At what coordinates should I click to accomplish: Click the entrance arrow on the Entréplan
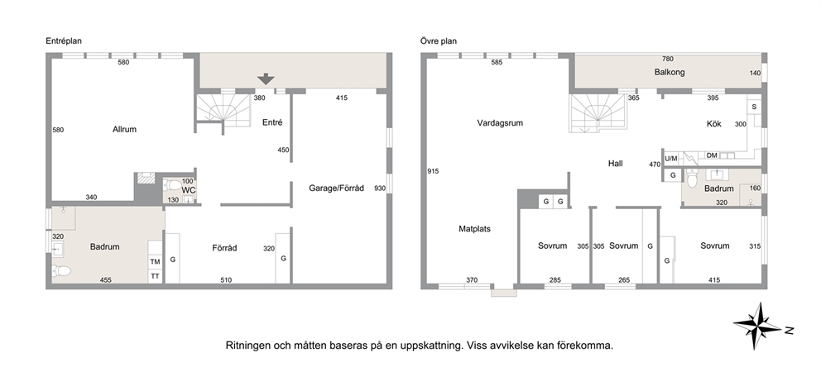coord(266,79)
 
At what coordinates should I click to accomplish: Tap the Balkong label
coord(670,72)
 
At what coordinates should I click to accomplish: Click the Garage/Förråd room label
coord(336,188)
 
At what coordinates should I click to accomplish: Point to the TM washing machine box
coord(155,261)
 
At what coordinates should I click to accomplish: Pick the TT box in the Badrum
coord(155,276)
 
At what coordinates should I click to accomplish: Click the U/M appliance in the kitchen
coord(670,158)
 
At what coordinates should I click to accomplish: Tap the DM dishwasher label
coord(712,155)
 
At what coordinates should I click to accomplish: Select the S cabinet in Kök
coord(754,107)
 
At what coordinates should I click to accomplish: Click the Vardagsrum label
coord(500,123)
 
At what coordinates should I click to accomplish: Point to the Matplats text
coord(474,229)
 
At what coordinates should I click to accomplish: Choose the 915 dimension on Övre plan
coord(433,171)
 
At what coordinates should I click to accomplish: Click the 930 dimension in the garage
coord(380,188)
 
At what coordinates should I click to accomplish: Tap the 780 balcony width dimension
coord(668,60)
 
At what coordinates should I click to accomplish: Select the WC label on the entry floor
coord(189,190)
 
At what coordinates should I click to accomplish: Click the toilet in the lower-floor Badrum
coord(62,270)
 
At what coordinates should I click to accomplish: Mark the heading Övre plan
coord(439,41)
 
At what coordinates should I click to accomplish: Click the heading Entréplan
coord(64,41)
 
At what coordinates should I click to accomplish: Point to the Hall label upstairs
coord(615,164)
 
